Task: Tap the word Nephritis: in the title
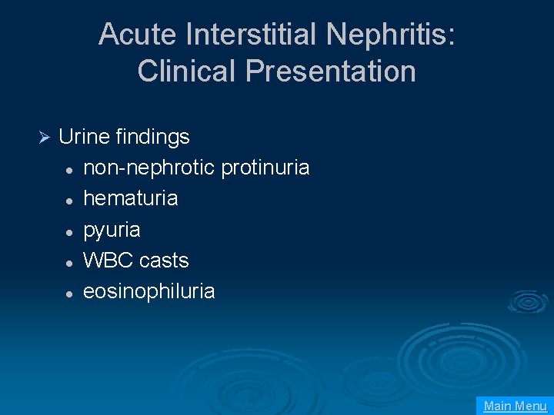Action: click(x=390, y=35)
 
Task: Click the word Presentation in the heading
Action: click(x=331, y=71)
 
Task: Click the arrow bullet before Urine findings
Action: click(x=44, y=138)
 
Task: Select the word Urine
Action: click(x=84, y=137)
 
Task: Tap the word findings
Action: click(x=152, y=138)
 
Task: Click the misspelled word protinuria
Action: click(x=265, y=168)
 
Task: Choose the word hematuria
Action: click(x=130, y=198)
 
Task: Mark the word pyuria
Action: click(x=112, y=231)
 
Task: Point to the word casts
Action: click(x=164, y=261)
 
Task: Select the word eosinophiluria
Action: click(x=149, y=291)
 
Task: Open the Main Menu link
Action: click(x=515, y=406)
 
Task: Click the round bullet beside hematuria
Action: click(x=69, y=200)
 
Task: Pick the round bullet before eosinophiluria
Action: click(x=69, y=293)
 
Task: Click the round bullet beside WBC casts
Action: click(x=69, y=262)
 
